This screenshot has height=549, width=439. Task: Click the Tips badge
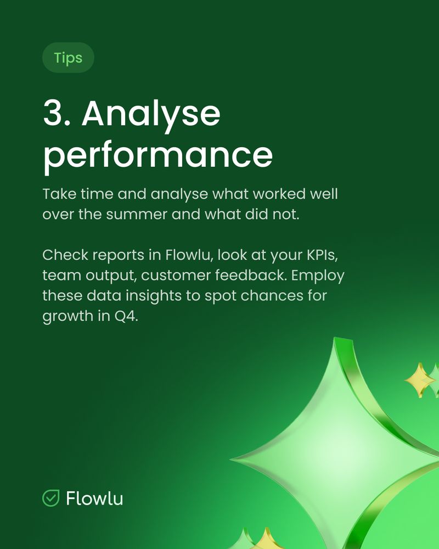click(x=68, y=58)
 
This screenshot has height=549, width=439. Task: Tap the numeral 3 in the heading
click(x=55, y=113)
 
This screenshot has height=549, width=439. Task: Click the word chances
click(x=272, y=295)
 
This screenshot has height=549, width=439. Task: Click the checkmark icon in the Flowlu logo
click(x=51, y=498)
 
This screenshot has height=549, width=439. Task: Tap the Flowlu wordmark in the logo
click(x=94, y=498)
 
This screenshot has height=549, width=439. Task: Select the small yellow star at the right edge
click(x=420, y=380)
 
